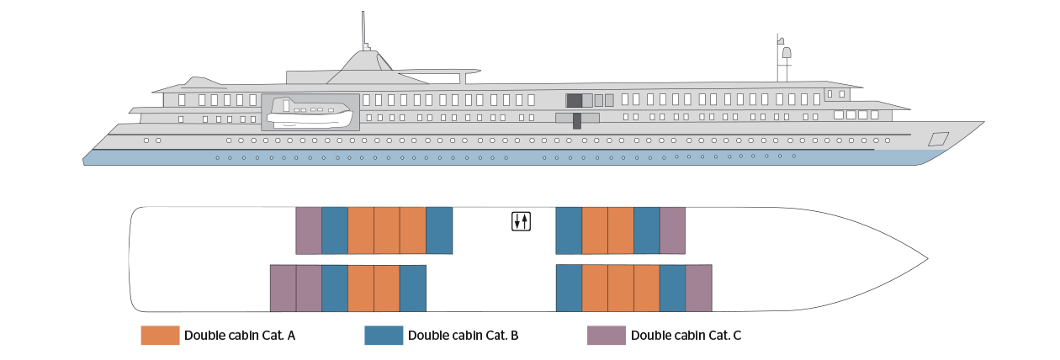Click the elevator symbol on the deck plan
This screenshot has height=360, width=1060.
click(x=521, y=221)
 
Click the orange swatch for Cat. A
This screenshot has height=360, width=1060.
click(x=160, y=335)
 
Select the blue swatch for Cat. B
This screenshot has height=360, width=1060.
click(x=384, y=335)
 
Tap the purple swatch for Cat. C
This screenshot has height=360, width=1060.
click(x=607, y=335)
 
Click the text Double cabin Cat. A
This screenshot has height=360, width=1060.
click(x=240, y=336)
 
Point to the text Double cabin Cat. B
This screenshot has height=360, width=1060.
click(x=463, y=336)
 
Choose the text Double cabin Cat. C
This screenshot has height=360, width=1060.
click(x=686, y=336)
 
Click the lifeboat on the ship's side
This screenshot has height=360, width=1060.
click(x=310, y=113)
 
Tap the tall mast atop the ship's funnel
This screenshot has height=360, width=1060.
click(x=363, y=31)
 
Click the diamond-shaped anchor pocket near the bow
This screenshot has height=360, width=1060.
click(x=938, y=139)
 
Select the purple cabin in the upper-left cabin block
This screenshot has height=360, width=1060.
click(x=309, y=230)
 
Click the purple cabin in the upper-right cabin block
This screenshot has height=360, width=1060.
click(x=672, y=230)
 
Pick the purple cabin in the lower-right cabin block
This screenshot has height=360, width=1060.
click(x=698, y=289)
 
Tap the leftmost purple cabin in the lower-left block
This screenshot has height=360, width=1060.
click(x=283, y=289)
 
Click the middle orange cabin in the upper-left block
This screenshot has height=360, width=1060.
click(x=387, y=230)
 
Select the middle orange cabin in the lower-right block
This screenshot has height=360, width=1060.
click(x=620, y=289)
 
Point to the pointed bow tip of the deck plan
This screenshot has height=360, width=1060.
click(x=928, y=259)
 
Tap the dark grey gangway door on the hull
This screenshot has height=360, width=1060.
click(x=577, y=120)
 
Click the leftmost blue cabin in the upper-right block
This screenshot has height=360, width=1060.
click(x=569, y=230)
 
